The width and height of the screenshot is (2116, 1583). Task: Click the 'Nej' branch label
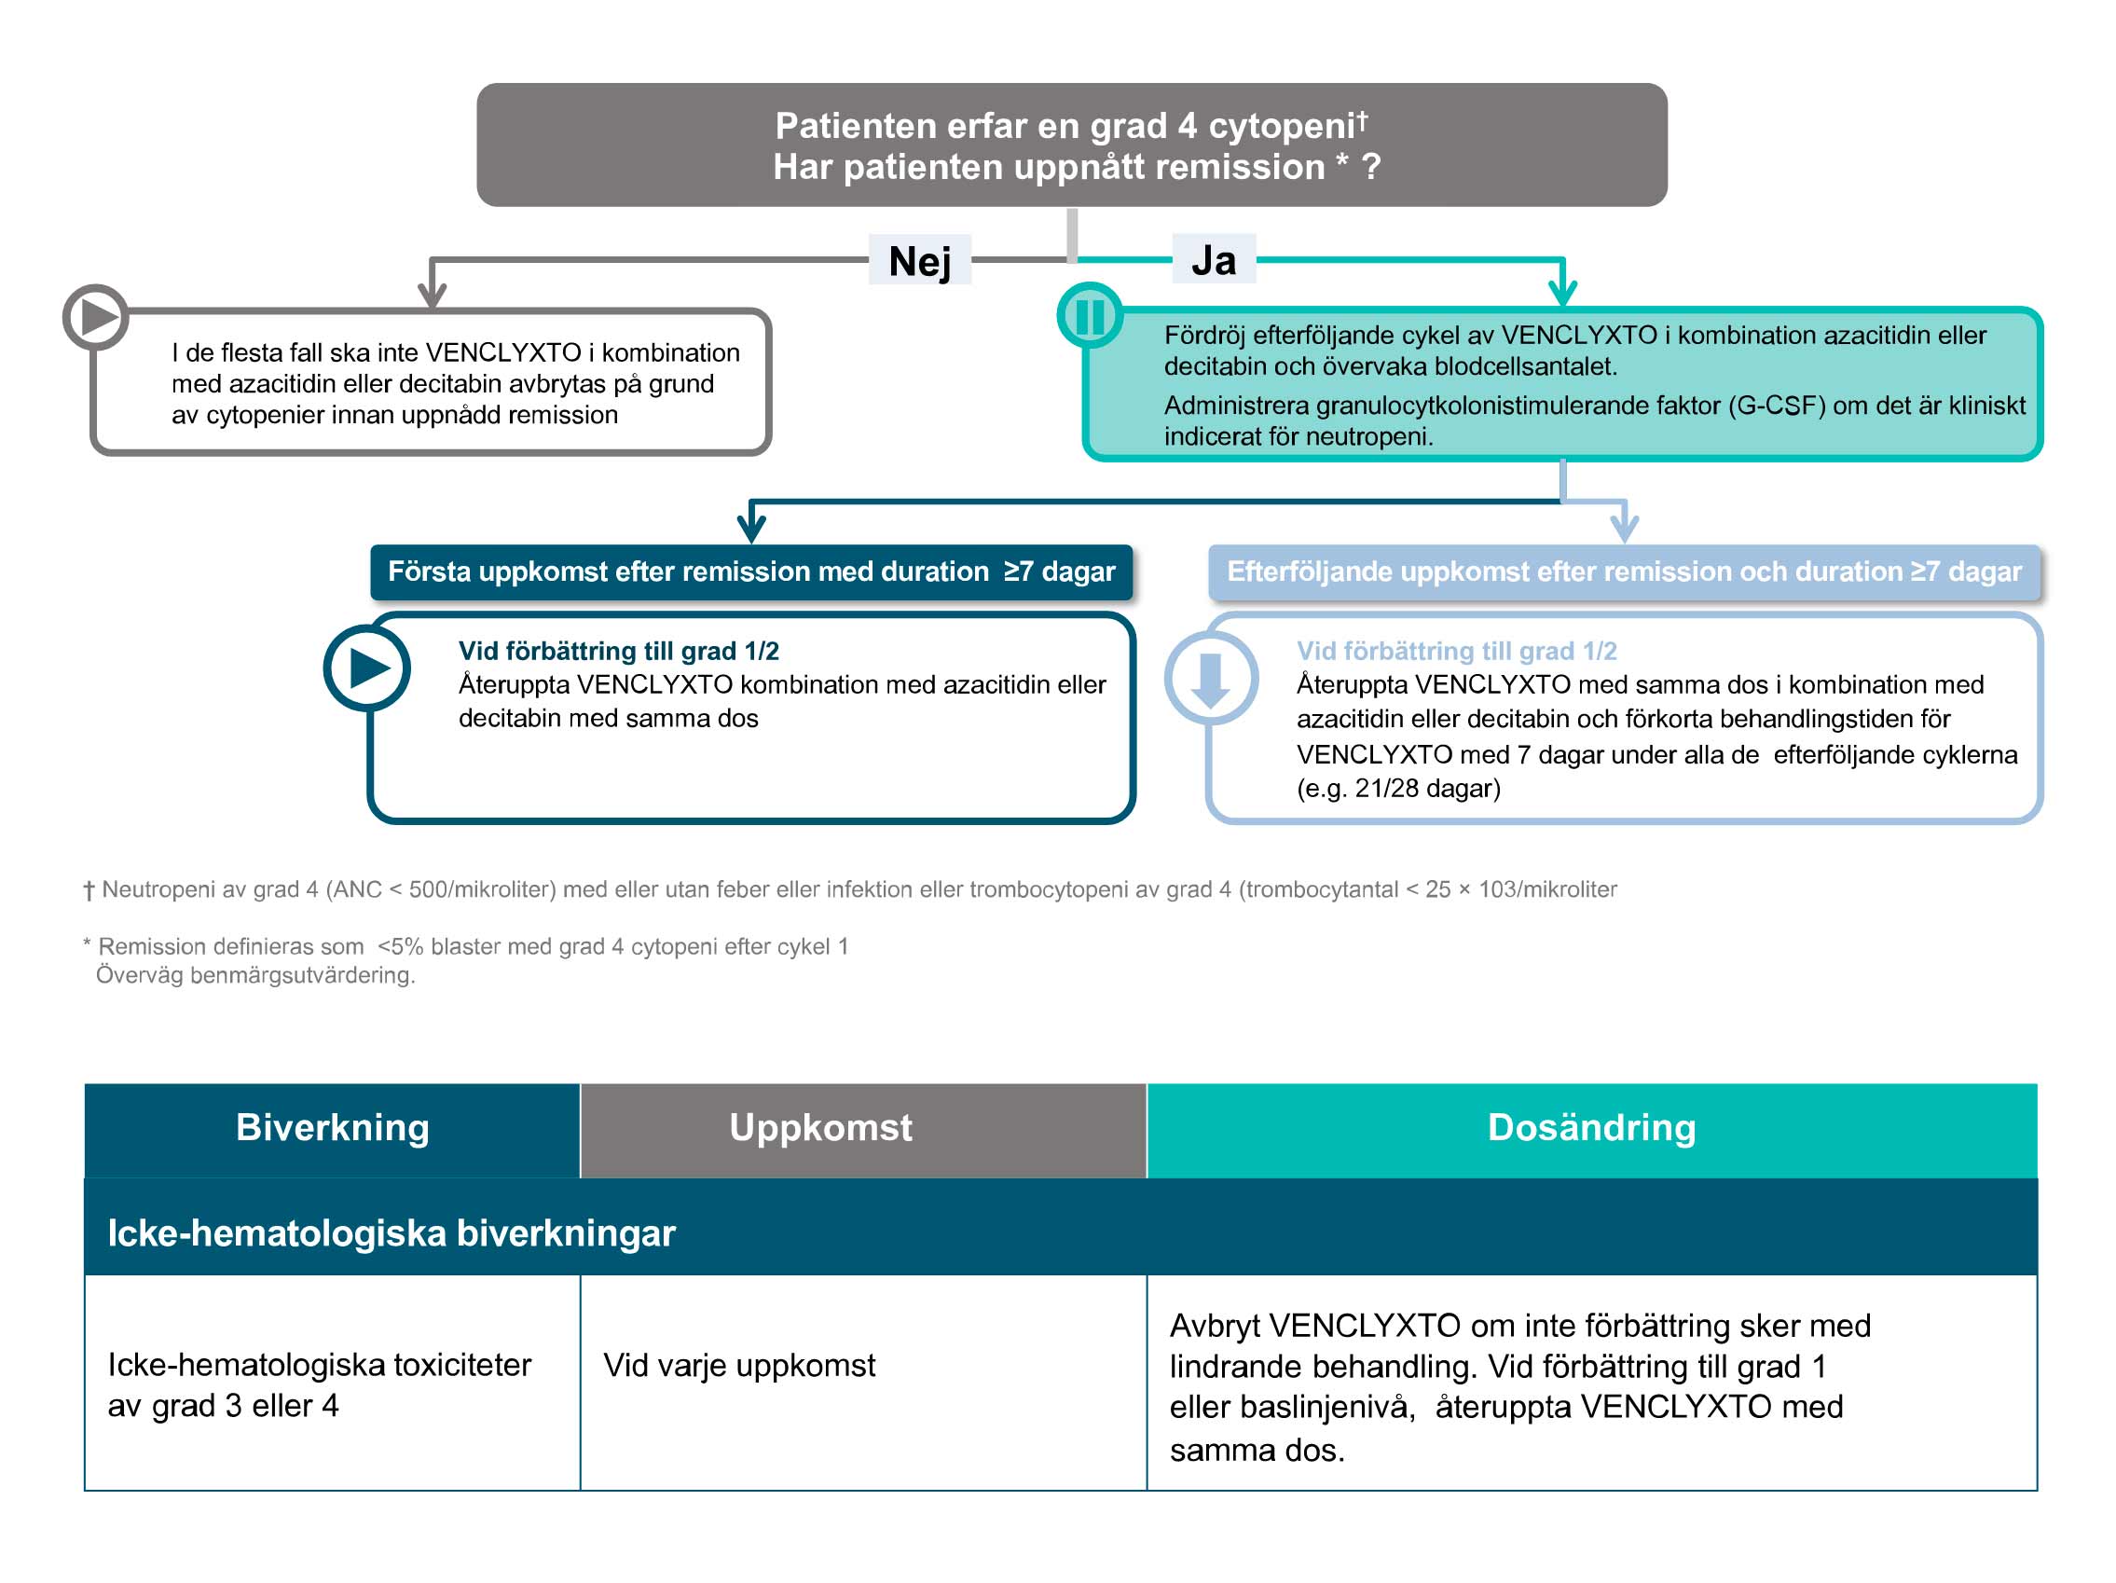pos(918,261)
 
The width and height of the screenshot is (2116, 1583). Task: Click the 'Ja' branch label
pos(1213,260)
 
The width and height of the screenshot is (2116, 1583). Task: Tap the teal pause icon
pos(1090,316)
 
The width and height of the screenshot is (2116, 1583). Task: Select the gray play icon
pos(96,317)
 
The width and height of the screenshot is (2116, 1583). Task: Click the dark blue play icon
pos(367,668)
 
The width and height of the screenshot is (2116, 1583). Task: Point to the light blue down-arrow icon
pos(1210,678)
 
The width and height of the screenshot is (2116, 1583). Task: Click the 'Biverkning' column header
pos(332,1128)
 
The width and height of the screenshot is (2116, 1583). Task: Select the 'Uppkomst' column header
pos(819,1128)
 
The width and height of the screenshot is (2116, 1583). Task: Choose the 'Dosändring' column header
pos(1591,1128)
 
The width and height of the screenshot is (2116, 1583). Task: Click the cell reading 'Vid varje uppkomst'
pos(738,1365)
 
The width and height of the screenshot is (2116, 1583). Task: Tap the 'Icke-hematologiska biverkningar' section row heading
pos(392,1232)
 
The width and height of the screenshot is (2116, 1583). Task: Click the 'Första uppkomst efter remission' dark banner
pos(751,572)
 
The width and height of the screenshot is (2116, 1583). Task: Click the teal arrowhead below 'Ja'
pos(1562,292)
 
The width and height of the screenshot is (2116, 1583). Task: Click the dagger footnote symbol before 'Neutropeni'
pos(89,890)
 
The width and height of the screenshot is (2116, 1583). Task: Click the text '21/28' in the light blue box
pos(1386,788)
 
